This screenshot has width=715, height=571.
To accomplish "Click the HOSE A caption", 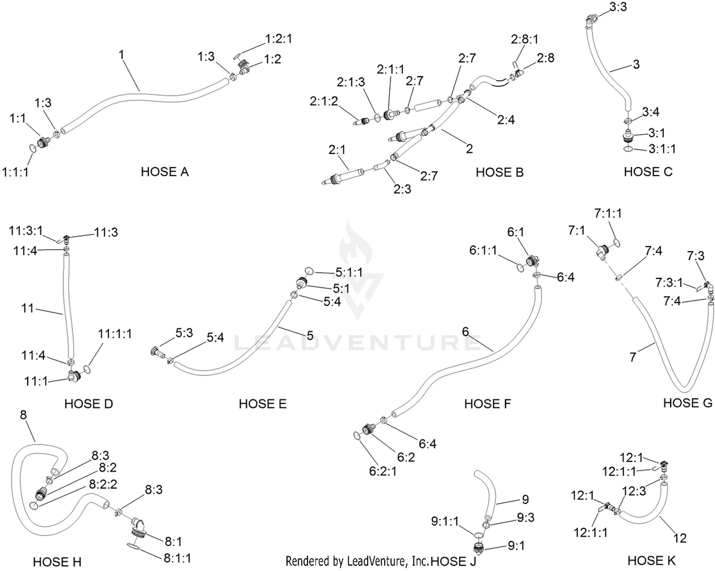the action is click(165, 172).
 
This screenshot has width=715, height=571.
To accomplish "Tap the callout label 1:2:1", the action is click(279, 39).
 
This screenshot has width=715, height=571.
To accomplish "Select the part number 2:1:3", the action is click(351, 82).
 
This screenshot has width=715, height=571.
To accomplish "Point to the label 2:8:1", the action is click(525, 39).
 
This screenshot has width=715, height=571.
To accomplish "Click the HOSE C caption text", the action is click(648, 172).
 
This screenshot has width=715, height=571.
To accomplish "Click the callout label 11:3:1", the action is click(26, 231).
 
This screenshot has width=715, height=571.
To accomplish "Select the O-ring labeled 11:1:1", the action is click(87, 369).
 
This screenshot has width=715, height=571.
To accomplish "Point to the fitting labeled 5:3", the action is click(158, 352).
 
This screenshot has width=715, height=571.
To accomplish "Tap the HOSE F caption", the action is click(488, 404).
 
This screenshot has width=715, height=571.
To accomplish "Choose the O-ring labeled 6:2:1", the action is click(357, 436).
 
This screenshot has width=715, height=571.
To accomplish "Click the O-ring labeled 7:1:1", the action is click(616, 243).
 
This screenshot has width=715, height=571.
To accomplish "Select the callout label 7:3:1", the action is click(669, 283).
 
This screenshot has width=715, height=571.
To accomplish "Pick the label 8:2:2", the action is click(103, 484).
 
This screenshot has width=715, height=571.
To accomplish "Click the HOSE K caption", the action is click(652, 561).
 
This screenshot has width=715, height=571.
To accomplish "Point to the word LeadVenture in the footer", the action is click(376, 561).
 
